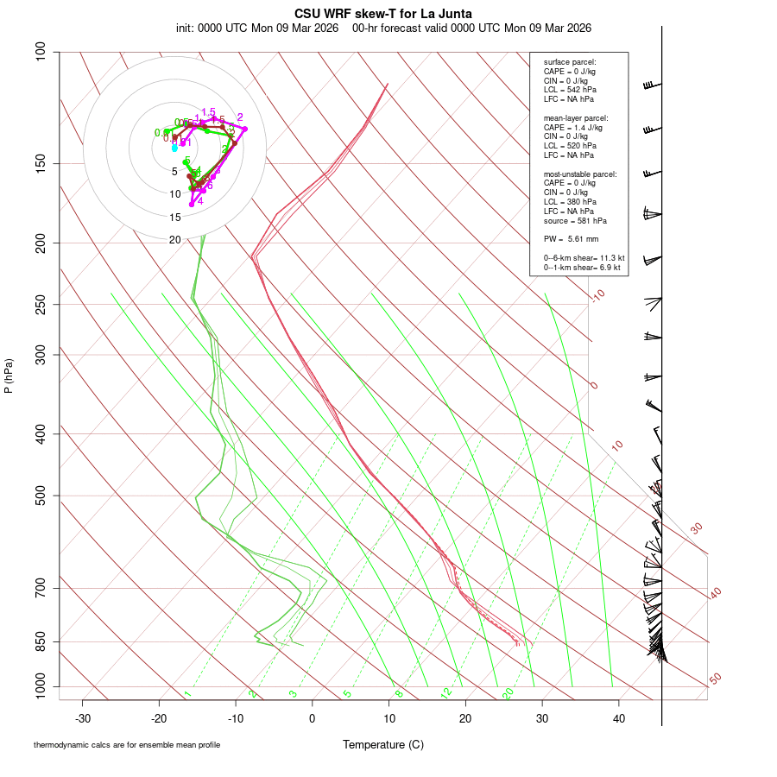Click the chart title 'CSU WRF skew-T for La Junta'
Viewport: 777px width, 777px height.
(x=383, y=13)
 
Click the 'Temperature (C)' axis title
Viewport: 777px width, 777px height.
(x=383, y=744)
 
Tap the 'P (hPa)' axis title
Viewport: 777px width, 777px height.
(x=9, y=376)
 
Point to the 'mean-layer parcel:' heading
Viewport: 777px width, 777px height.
(x=576, y=117)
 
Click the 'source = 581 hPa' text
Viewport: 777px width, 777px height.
(x=569, y=220)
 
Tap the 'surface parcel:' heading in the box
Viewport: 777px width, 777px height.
(x=570, y=62)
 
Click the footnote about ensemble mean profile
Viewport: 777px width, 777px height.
(x=133, y=744)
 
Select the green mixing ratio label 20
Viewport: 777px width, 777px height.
(x=509, y=693)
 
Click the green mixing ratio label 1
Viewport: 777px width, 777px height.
(x=186, y=693)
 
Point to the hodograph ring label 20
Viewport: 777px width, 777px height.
(x=175, y=240)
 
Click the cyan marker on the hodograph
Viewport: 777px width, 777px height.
(x=174, y=148)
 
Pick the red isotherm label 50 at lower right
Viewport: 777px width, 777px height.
(x=715, y=679)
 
